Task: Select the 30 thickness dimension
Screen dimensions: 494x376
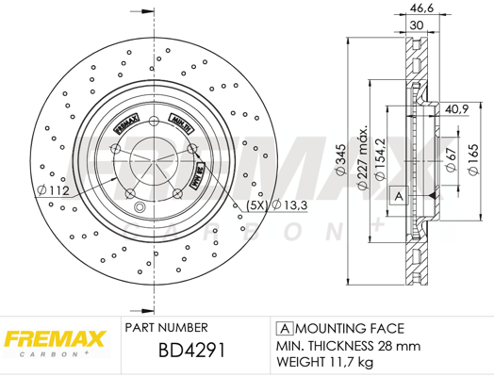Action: [417, 25]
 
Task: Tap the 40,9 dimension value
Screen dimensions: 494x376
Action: [457, 109]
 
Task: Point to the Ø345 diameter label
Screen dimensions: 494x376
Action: [340, 159]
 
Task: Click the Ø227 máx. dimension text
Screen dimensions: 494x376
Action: [362, 157]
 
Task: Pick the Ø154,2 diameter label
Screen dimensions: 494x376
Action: [380, 158]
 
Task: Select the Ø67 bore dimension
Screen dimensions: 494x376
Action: [452, 159]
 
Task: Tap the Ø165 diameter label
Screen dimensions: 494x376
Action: [473, 159]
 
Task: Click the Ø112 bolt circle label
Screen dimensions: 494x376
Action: [53, 190]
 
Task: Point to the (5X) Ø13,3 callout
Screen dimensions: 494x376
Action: [276, 205]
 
